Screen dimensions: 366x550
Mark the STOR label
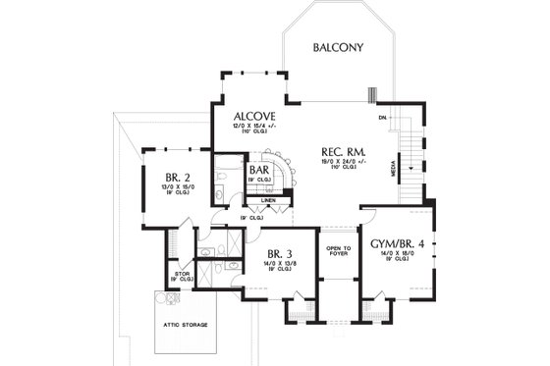pyautogui.click(x=181, y=274)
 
